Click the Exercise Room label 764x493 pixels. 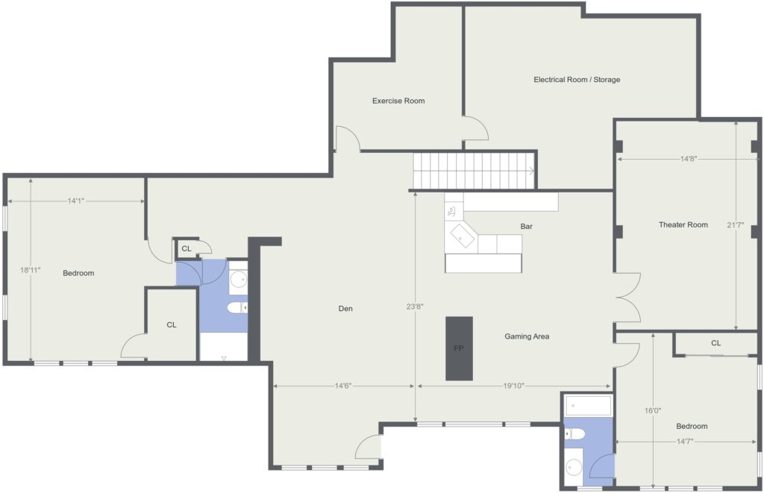pos(398,101)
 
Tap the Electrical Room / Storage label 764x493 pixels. pos(577,79)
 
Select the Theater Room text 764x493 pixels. pos(683,224)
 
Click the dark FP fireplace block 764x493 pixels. pos(459,348)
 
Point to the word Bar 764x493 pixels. pos(526,227)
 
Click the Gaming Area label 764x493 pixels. pos(527,336)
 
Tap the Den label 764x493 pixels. pos(345,308)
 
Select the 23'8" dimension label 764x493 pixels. pos(415,307)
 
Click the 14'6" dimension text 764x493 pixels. pos(343,386)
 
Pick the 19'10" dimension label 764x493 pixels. pos(513,386)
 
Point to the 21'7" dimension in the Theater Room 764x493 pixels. pos(735,225)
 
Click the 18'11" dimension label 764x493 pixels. pos(30,270)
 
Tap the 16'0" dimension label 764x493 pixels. pos(652,411)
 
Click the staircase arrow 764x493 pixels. pos(531,171)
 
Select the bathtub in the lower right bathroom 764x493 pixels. pos(589,406)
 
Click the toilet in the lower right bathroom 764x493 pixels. pos(575,433)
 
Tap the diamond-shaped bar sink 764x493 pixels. pos(462,236)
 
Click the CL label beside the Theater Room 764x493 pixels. pos(716,343)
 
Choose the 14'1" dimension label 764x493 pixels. pos(76,201)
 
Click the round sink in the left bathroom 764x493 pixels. pos(238,280)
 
